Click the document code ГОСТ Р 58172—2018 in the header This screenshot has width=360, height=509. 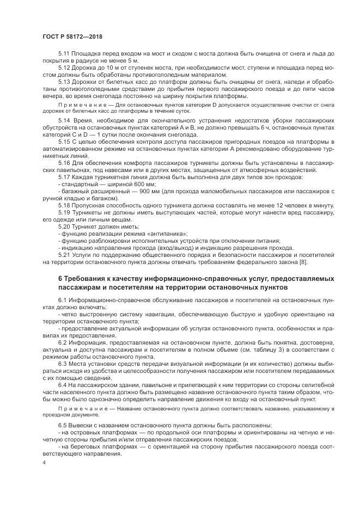tap(72, 36)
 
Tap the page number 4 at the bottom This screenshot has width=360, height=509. tap(44, 462)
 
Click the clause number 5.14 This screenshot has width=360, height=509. tap(64, 118)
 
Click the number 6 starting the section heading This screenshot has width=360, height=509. tap(60, 279)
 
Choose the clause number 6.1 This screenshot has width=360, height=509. tap(63, 301)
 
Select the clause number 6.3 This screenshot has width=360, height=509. tap(63, 363)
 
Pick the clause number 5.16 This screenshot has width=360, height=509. tap(64, 162)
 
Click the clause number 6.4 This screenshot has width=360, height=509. tap(63, 384)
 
